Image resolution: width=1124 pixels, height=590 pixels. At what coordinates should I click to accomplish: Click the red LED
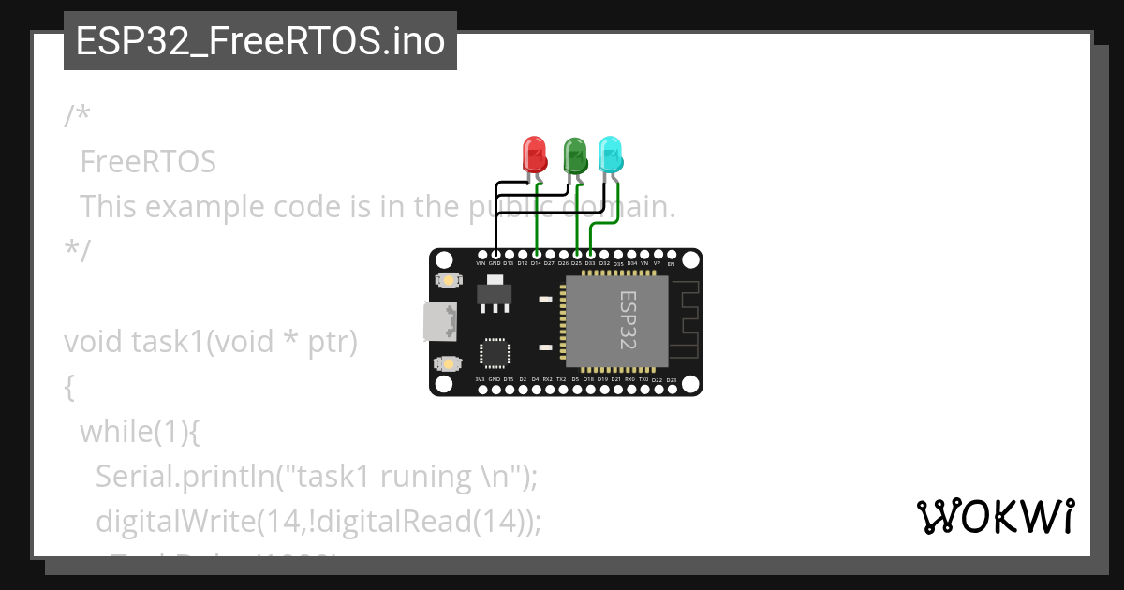[534, 155]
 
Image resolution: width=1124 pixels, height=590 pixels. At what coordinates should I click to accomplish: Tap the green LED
[574, 155]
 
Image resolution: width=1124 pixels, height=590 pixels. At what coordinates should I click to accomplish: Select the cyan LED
[611, 155]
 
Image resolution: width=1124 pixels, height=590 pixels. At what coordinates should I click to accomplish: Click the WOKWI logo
[995, 516]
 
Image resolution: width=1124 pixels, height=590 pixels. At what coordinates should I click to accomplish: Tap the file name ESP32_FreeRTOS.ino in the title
[259, 42]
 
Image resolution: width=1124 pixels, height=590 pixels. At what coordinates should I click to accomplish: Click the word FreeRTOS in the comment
[148, 162]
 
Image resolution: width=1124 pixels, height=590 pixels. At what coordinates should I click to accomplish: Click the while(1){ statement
[140, 432]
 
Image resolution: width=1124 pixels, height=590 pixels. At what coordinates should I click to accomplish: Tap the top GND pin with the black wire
[495, 254]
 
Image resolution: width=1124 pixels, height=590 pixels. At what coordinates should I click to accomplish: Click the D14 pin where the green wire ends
[536, 254]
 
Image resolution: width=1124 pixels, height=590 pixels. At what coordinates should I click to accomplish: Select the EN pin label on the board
[671, 264]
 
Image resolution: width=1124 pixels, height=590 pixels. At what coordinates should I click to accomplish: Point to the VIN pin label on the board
[481, 264]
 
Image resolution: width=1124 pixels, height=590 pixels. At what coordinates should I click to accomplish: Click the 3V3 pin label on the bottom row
[481, 379]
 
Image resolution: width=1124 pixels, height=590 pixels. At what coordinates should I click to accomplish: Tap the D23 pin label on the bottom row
[671, 379]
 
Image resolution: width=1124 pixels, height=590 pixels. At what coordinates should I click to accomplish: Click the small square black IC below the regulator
[495, 352]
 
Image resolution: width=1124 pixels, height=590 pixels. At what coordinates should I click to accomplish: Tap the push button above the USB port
[449, 280]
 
